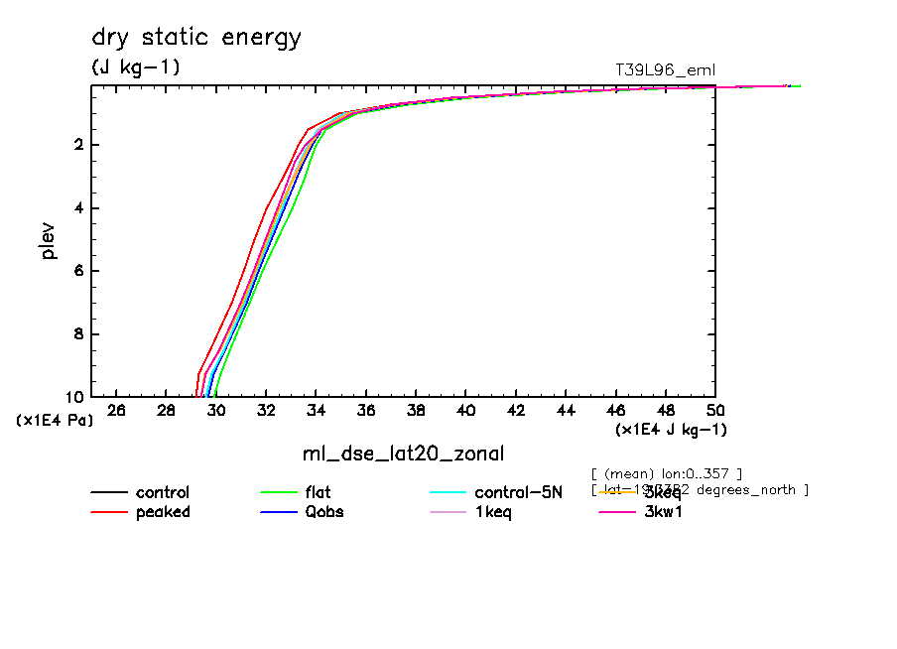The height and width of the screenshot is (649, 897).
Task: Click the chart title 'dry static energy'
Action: (x=196, y=39)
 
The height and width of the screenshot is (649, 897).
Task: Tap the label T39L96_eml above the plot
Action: (x=665, y=69)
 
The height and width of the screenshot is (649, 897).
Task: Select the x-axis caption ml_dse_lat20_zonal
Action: (x=403, y=454)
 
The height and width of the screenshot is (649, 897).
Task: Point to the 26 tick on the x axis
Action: (x=116, y=410)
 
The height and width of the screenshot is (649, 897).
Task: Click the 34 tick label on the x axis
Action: (x=317, y=410)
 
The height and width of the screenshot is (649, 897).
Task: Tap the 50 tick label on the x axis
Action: (x=715, y=410)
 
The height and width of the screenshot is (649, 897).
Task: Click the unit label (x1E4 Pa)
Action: (x=55, y=421)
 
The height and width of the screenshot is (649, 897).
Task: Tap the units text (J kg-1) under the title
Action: (x=136, y=66)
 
